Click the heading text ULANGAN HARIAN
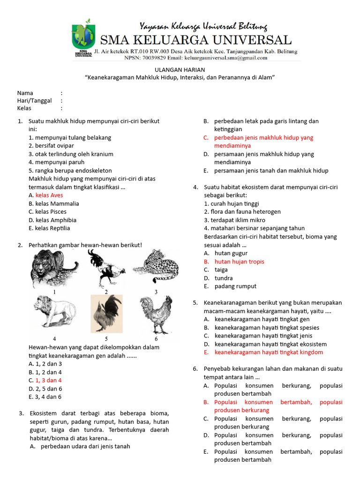pos(180,69)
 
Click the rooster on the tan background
pos(106,314)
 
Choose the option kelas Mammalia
pos(53,204)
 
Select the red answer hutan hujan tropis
pos(239,262)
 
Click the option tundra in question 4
pos(224,278)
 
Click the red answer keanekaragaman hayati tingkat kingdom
pos(269,352)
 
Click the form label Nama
pos(25,93)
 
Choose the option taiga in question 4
pos(221,270)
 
